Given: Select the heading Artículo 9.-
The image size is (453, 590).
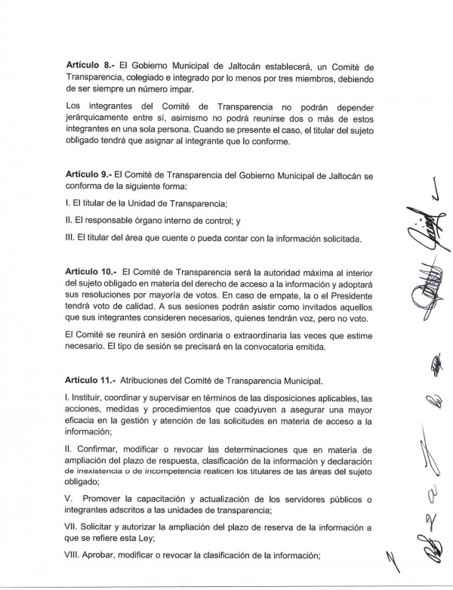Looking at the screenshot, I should coord(88,175).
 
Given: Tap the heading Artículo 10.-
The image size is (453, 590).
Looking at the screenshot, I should coord(91,271).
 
